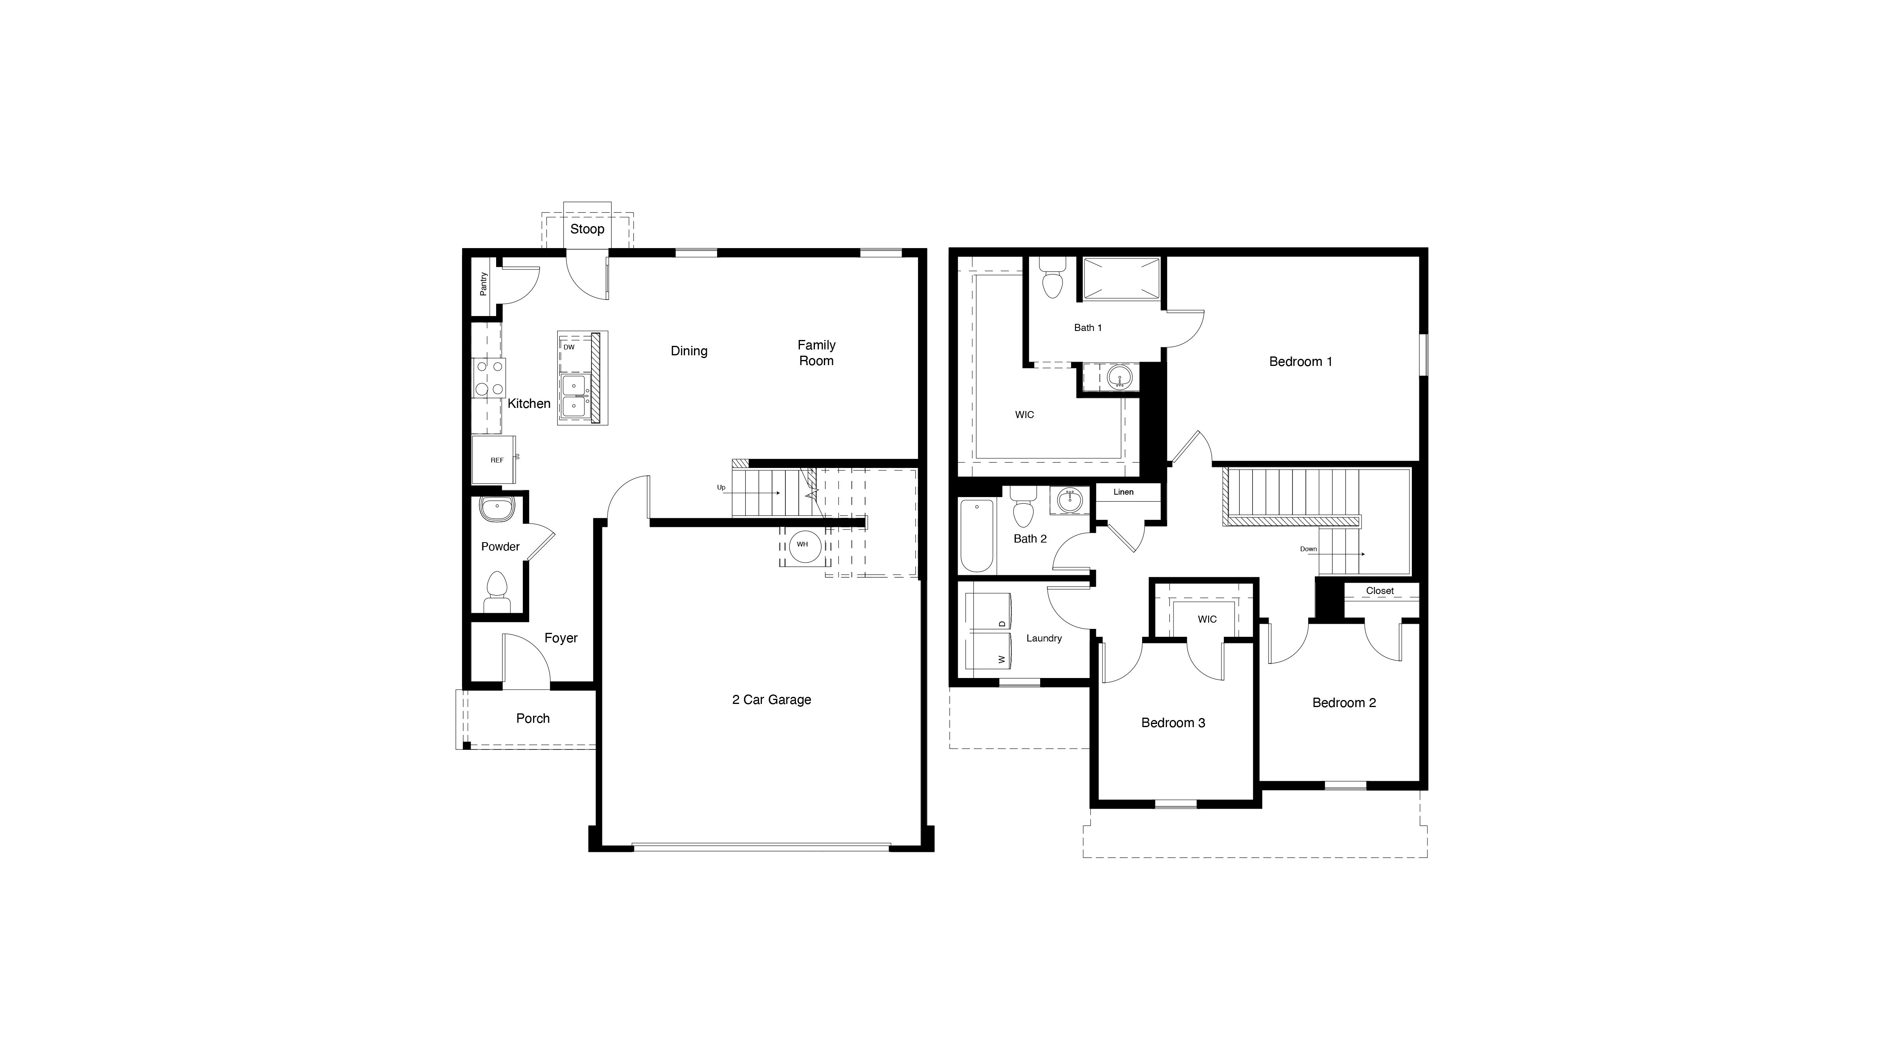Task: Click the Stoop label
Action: [x=586, y=229]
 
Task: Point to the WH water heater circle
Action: [x=804, y=545]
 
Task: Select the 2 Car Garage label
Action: [x=772, y=699]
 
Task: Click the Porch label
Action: [x=533, y=718]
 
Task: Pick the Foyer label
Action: [x=561, y=638]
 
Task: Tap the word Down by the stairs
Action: [x=1309, y=549]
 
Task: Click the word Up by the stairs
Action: [x=721, y=487]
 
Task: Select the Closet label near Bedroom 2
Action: [x=1379, y=590]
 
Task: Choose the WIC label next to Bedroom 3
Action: [x=1207, y=619]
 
